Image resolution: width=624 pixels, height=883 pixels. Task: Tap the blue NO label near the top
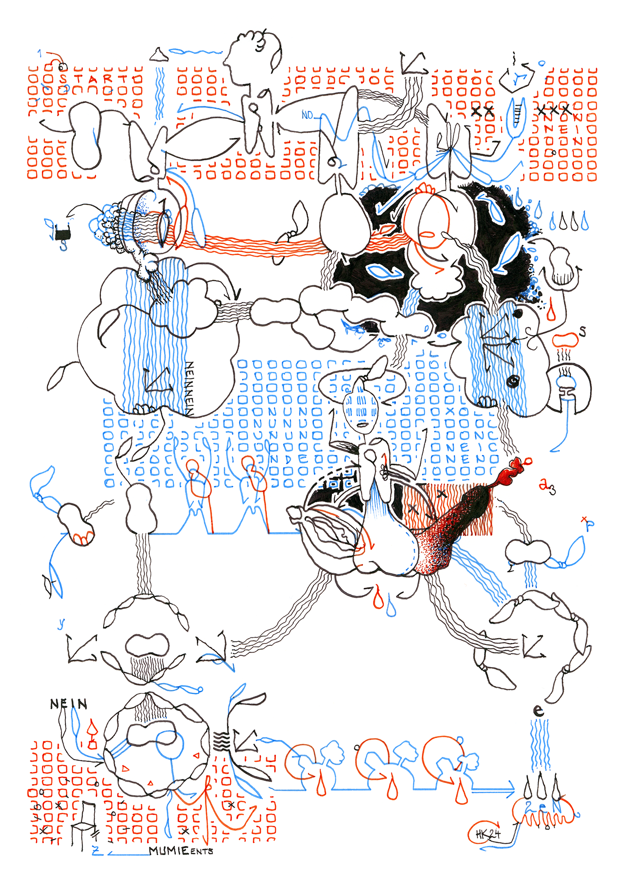tap(308, 115)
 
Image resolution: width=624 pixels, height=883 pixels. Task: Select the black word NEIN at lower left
tap(68, 704)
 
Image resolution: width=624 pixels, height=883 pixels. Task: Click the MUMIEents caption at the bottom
tap(181, 850)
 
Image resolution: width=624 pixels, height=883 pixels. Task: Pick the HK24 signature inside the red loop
tap(488, 834)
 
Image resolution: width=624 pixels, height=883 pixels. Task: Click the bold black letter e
tap(538, 710)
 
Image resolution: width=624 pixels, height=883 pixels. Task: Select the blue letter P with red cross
tap(589, 524)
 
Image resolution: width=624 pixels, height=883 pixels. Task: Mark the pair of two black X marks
tap(482, 111)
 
